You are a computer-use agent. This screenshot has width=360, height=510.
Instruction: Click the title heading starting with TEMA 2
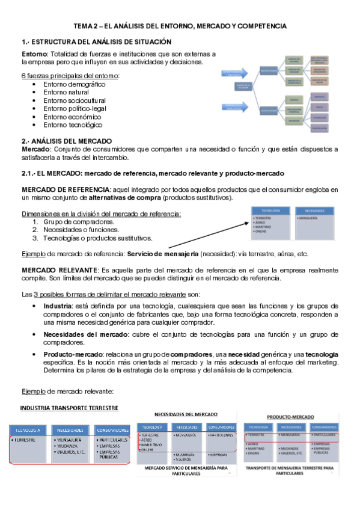pyautogui.click(x=180, y=26)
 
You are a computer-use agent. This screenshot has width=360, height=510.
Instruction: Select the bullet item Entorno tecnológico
pyautogui.click(x=73, y=124)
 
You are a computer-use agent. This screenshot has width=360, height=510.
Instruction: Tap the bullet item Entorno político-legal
pyautogui.click(x=75, y=108)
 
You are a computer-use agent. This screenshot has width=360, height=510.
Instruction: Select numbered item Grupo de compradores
pyautogui.click(x=79, y=221)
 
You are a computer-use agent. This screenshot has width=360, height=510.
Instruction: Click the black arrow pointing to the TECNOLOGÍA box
pyautogui.click(x=204, y=235)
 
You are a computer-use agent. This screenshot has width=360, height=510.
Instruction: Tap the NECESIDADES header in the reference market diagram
pyautogui.click(x=315, y=210)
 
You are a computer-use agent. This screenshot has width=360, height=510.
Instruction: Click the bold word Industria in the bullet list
pyautogui.click(x=58, y=306)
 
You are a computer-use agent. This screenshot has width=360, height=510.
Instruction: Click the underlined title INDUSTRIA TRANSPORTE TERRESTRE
pyautogui.click(x=69, y=408)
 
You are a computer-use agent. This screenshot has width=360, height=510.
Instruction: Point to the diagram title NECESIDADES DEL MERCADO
pyautogui.click(x=186, y=414)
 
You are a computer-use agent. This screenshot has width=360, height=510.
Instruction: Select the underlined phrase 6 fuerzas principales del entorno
pyautogui.click(x=70, y=76)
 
